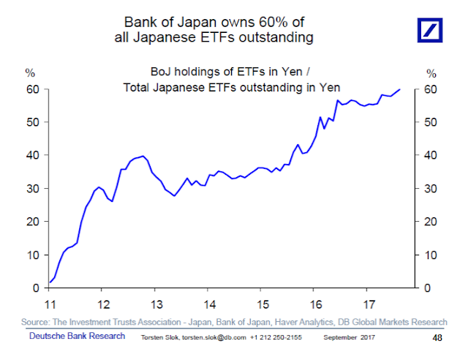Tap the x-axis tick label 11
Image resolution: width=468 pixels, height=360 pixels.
(x=50, y=304)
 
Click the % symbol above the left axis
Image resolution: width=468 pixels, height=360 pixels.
(x=30, y=73)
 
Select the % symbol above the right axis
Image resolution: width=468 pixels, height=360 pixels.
(x=431, y=73)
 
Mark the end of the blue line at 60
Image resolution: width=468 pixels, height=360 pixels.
(x=400, y=89)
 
